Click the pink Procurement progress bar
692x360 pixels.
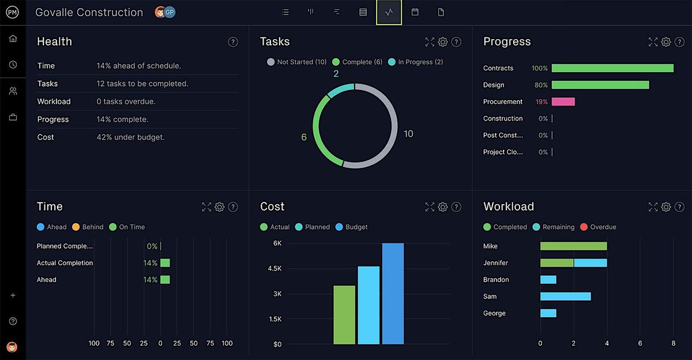563,102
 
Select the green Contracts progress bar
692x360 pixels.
612,68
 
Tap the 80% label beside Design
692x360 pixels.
541,85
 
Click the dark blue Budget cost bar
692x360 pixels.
393,294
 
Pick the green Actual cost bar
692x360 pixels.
344,314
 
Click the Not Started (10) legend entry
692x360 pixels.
297,62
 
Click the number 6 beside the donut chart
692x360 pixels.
304,137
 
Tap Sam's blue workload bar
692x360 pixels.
565,297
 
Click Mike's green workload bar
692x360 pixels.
573,246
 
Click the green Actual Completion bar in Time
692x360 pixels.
165,263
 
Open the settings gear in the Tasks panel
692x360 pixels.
443,42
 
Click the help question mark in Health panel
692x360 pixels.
233,42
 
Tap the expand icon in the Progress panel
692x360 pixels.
653,42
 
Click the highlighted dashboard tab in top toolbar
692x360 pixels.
389,12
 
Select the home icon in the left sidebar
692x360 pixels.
13,39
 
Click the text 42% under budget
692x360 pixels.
130,137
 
